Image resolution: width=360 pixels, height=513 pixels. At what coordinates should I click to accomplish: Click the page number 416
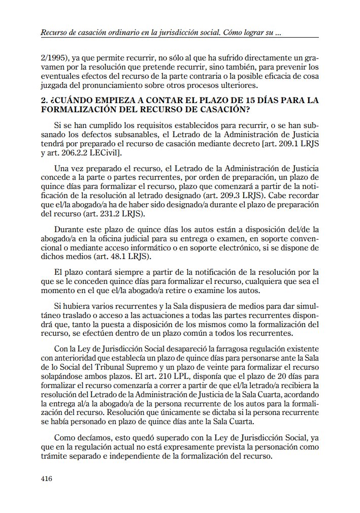pyautogui.click(x=47, y=478)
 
